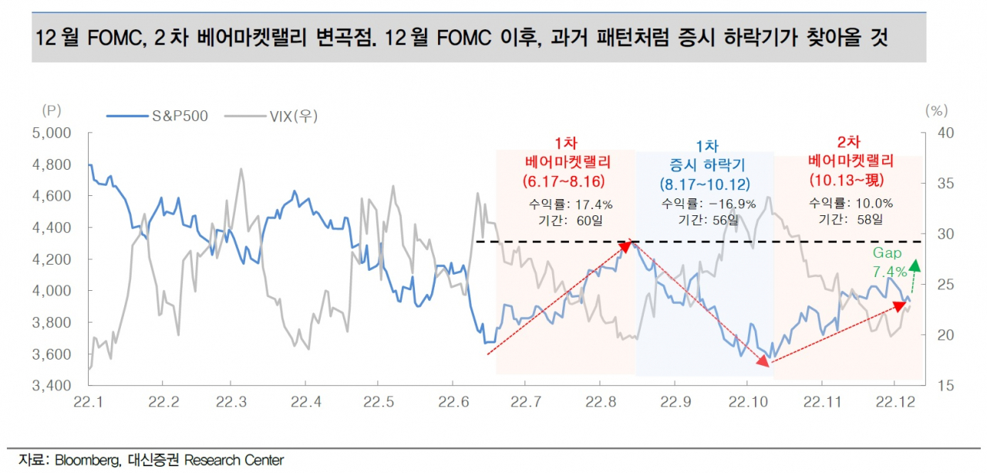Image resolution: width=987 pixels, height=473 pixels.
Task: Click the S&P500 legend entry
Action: click(157, 116)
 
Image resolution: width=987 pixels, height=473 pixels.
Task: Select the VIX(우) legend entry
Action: click(271, 116)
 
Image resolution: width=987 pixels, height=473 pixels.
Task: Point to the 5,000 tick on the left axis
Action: click(52, 133)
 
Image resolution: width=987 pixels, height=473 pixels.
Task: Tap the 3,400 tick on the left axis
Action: click(52, 385)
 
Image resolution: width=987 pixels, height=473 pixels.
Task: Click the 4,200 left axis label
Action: click(52, 259)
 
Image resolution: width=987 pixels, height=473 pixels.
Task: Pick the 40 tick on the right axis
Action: click(945, 133)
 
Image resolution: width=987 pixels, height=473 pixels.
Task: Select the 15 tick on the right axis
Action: click(945, 385)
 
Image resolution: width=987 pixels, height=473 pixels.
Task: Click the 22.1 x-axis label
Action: click(88, 402)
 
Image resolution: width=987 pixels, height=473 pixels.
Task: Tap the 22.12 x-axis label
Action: click(895, 402)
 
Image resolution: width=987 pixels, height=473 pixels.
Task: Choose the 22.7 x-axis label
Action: click(526, 402)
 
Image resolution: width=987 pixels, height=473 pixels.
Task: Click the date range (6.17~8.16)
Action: click(564, 181)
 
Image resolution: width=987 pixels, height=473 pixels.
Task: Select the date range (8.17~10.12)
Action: click(705, 184)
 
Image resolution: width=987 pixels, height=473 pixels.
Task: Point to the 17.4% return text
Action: click(594, 204)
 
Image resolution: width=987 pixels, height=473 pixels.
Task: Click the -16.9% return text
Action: click(733, 204)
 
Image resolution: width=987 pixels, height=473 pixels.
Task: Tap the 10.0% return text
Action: click(874, 203)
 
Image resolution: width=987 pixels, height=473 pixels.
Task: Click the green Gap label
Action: click(887, 253)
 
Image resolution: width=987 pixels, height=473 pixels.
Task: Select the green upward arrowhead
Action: click(915, 265)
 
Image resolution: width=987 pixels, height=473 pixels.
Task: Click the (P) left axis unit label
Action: click(52, 110)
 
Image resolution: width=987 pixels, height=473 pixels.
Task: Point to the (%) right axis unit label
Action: click(936, 110)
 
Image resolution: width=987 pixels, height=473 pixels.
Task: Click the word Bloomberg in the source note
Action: click(87, 460)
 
